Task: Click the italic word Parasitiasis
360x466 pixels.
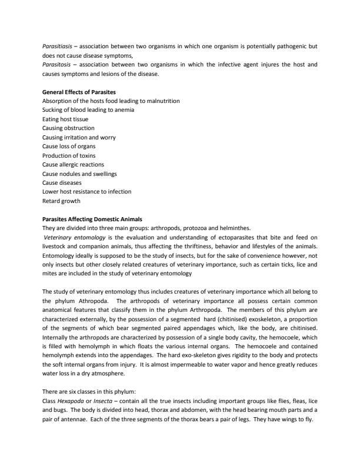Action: [56, 45]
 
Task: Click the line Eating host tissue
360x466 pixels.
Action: [64, 119]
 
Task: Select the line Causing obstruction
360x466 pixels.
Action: [68, 128]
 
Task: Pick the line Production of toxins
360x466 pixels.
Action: [68, 155]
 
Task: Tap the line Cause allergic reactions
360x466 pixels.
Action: [73, 164]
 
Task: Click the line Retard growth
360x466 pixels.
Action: [61, 200]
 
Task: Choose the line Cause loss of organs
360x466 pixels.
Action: [69, 146]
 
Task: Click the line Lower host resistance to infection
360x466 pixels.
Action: [86, 191]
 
